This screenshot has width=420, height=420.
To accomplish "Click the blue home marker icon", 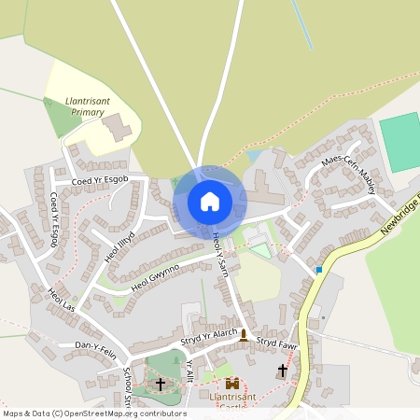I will [210, 201].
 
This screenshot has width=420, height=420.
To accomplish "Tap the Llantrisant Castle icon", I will [231, 384].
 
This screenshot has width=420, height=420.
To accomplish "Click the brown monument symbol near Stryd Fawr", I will [244, 335].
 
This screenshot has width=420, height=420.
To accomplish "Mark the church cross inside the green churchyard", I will [160, 384].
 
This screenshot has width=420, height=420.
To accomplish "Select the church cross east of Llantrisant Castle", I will [283, 371].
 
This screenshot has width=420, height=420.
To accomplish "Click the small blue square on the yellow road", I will [318, 270].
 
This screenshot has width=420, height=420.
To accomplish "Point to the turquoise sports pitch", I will [400, 141].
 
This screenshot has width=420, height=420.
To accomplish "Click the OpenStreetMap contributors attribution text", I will [93, 413].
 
